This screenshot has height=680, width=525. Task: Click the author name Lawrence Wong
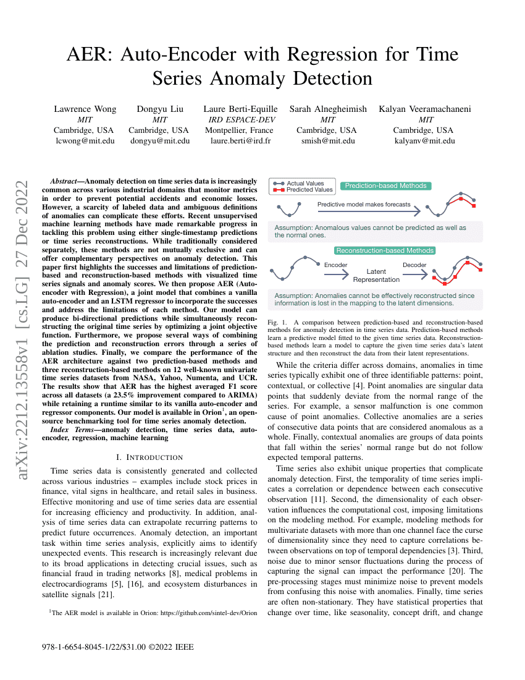pyautogui.click(x=85, y=109)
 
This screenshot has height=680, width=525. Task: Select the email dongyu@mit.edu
pyautogui.click(x=159, y=141)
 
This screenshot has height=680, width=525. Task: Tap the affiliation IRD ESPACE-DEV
pyautogui.click(x=241, y=120)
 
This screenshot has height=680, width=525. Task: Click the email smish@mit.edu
pyautogui.click(x=327, y=141)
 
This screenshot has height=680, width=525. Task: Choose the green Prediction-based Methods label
pyautogui.click(x=385, y=186)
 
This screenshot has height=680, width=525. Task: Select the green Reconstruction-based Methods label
pyautogui.click(x=385, y=250)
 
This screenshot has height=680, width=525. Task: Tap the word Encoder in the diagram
pyautogui.click(x=335, y=265)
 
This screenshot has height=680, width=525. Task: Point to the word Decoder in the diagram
pyautogui.click(x=414, y=265)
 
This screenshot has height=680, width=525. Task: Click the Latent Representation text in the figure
pyautogui.click(x=376, y=275)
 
